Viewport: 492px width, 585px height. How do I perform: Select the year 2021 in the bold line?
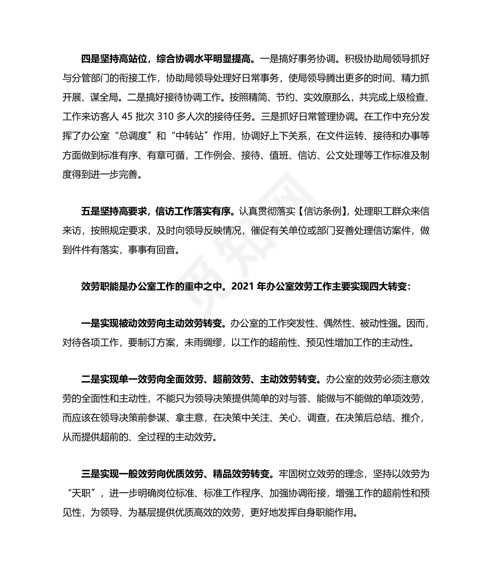(x=243, y=287)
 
